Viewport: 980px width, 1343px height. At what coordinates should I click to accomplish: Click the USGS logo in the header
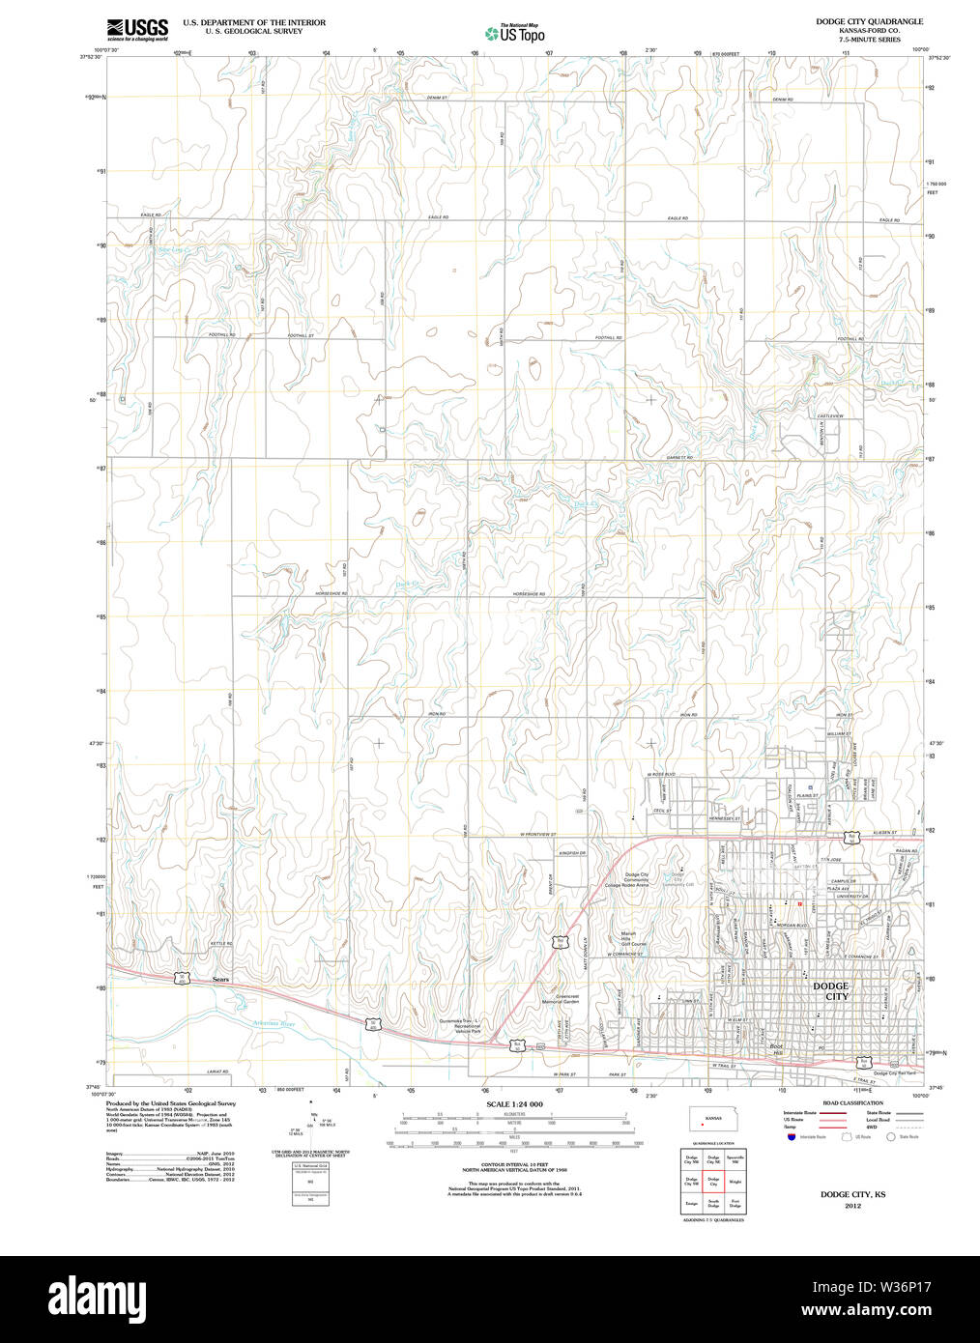point(136,29)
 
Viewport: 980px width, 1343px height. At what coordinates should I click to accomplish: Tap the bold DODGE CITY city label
point(830,991)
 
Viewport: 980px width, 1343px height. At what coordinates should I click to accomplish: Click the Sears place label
point(221,980)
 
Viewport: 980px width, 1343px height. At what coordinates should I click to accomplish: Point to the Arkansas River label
point(274,1023)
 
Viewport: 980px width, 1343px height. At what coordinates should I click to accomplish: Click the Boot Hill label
point(776,1050)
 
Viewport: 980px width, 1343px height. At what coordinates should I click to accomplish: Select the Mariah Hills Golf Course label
point(633,938)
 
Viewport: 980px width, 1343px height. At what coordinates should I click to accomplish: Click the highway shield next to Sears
point(182,978)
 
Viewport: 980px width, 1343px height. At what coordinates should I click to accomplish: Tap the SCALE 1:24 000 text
point(514,1104)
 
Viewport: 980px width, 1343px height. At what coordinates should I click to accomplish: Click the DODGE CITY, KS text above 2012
point(852,1195)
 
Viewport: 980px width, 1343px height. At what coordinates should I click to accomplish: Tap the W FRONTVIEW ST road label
point(537,833)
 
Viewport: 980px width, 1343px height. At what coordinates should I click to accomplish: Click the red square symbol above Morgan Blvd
point(800,903)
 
